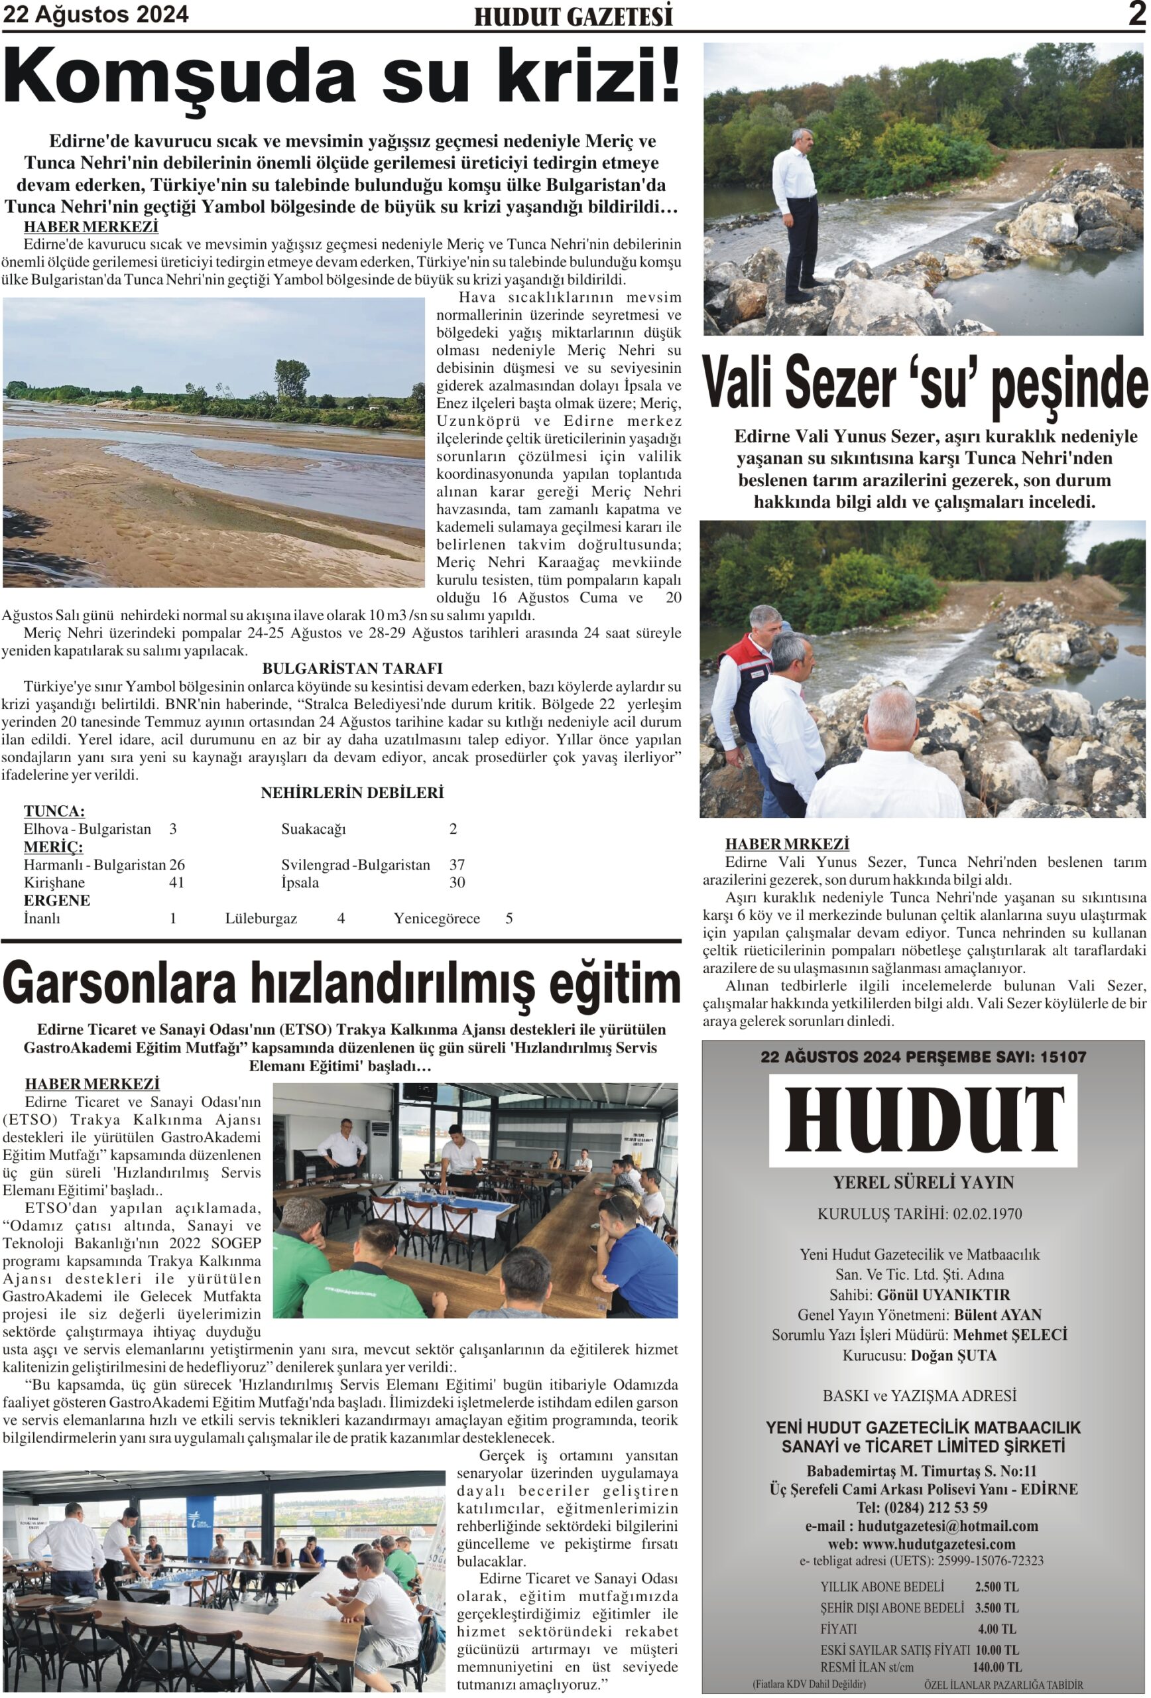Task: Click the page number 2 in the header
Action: click(x=1136, y=14)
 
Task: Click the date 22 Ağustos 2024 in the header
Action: click(x=95, y=14)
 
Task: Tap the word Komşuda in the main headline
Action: click(x=179, y=77)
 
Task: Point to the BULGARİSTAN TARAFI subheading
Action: click(x=352, y=668)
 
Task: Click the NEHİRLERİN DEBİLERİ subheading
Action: click(x=352, y=792)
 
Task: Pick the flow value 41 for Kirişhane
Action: click(x=176, y=882)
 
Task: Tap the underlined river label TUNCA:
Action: click(x=54, y=811)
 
